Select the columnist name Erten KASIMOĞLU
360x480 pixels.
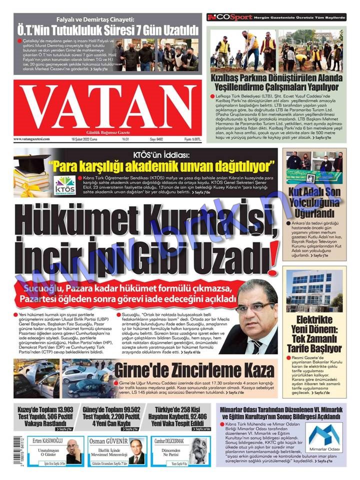pos(43,441)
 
